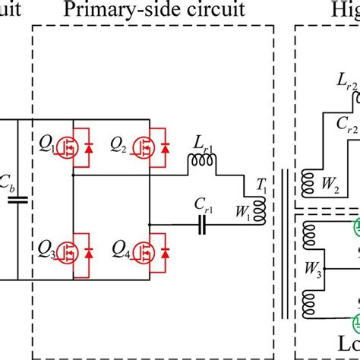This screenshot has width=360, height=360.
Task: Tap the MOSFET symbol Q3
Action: click(61, 250)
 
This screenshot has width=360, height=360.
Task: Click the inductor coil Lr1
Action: click(203, 160)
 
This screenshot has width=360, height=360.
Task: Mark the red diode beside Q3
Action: click(87, 250)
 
